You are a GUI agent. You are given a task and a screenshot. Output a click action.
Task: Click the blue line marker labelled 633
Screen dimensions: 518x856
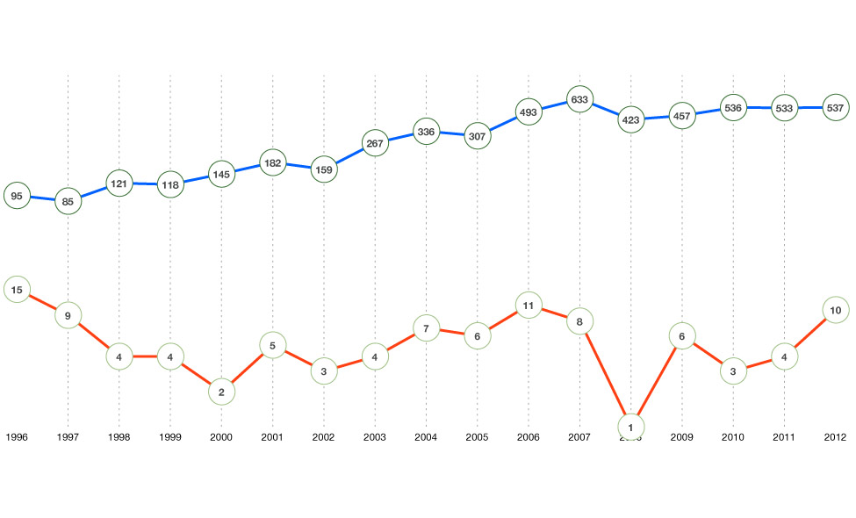click(x=579, y=100)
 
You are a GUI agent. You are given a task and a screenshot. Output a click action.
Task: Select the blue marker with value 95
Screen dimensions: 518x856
click(x=17, y=196)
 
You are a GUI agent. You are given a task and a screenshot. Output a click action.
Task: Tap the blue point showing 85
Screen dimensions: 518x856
click(x=68, y=201)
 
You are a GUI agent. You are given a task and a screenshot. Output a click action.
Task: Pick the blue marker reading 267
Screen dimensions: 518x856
click(x=375, y=141)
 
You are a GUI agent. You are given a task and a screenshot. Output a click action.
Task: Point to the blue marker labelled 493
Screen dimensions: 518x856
click(x=528, y=112)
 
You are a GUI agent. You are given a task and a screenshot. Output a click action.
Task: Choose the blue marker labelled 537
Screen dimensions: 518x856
click(x=836, y=108)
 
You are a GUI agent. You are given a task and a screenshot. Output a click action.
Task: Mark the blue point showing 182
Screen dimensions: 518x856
click(x=272, y=163)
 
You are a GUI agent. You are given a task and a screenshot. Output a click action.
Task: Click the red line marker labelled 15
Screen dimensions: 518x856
click(x=17, y=289)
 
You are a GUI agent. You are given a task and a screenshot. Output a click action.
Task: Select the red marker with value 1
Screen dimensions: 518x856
click(x=630, y=427)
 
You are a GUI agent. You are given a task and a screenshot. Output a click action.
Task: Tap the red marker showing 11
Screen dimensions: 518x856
click(x=528, y=307)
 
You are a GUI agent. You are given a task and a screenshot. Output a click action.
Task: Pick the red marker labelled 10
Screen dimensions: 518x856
click(x=836, y=310)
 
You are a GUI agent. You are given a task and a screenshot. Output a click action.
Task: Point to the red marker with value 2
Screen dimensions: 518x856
click(x=221, y=392)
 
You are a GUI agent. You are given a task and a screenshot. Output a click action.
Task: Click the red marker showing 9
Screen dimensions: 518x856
click(x=68, y=315)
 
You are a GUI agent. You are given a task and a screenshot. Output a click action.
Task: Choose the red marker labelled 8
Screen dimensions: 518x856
click(x=579, y=321)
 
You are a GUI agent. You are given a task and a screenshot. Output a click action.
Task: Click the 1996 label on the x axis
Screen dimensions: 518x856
click(x=17, y=436)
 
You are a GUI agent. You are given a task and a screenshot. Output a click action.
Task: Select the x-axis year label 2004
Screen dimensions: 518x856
click(x=426, y=436)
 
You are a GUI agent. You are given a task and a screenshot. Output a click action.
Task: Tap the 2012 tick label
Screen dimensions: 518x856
click(x=836, y=436)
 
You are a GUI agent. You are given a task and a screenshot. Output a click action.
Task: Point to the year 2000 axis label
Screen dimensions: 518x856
click(x=221, y=436)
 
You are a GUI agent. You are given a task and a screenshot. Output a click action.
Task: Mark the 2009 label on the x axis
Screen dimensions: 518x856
click(x=682, y=436)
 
